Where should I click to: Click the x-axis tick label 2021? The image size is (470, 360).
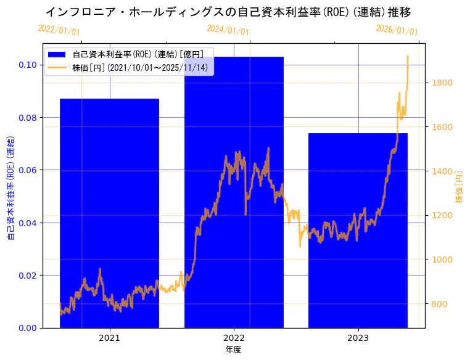[109, 338]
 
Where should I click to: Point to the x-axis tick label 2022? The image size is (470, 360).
[234, 338]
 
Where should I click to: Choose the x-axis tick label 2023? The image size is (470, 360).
[358, 338]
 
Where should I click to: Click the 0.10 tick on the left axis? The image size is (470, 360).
[27, 65]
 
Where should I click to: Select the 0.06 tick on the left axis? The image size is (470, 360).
[27, 170]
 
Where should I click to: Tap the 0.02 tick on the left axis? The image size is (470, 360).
[27, 275]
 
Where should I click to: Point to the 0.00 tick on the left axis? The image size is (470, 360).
[27, 327]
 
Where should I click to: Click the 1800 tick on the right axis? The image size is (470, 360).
[443, 83]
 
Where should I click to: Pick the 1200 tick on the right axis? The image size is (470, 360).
[443, 215]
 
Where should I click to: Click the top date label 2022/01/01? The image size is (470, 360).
[59, 29]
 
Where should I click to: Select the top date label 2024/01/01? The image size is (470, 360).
[228, 29]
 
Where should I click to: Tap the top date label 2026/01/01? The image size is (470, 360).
[397, 30]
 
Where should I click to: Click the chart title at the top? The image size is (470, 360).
[228, 12]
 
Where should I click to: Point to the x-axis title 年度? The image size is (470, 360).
[233, 350]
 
